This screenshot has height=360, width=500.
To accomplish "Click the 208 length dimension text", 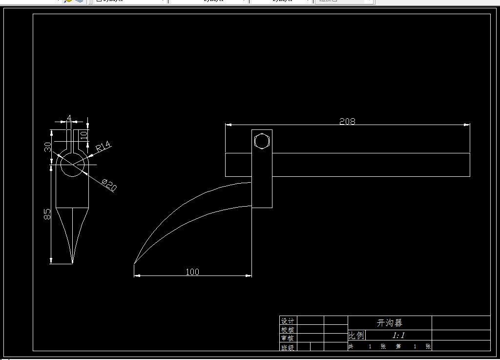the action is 347,121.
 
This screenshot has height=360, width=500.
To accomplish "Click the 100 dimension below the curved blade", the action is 192,272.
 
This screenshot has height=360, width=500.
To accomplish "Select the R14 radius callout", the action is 104,147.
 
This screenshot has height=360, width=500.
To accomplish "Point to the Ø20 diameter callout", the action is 109,185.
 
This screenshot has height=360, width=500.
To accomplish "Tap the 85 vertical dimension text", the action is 47,214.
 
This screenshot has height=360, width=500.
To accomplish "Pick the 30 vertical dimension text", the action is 48,147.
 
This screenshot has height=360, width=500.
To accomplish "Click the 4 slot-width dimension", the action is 69,118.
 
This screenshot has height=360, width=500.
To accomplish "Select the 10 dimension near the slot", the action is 83,135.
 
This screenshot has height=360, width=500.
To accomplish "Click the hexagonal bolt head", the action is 262,141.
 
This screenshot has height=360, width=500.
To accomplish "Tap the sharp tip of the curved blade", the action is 134,263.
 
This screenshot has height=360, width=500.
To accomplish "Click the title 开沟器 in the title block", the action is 390,323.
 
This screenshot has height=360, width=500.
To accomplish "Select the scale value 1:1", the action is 398,335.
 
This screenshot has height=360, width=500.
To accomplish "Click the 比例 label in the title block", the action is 356,336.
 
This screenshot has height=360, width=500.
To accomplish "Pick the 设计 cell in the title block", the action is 288,321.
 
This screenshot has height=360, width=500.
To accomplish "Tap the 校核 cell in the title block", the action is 288,330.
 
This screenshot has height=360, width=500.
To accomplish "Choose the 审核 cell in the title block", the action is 288,338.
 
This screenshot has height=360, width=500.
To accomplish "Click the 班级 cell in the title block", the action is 288,347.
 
